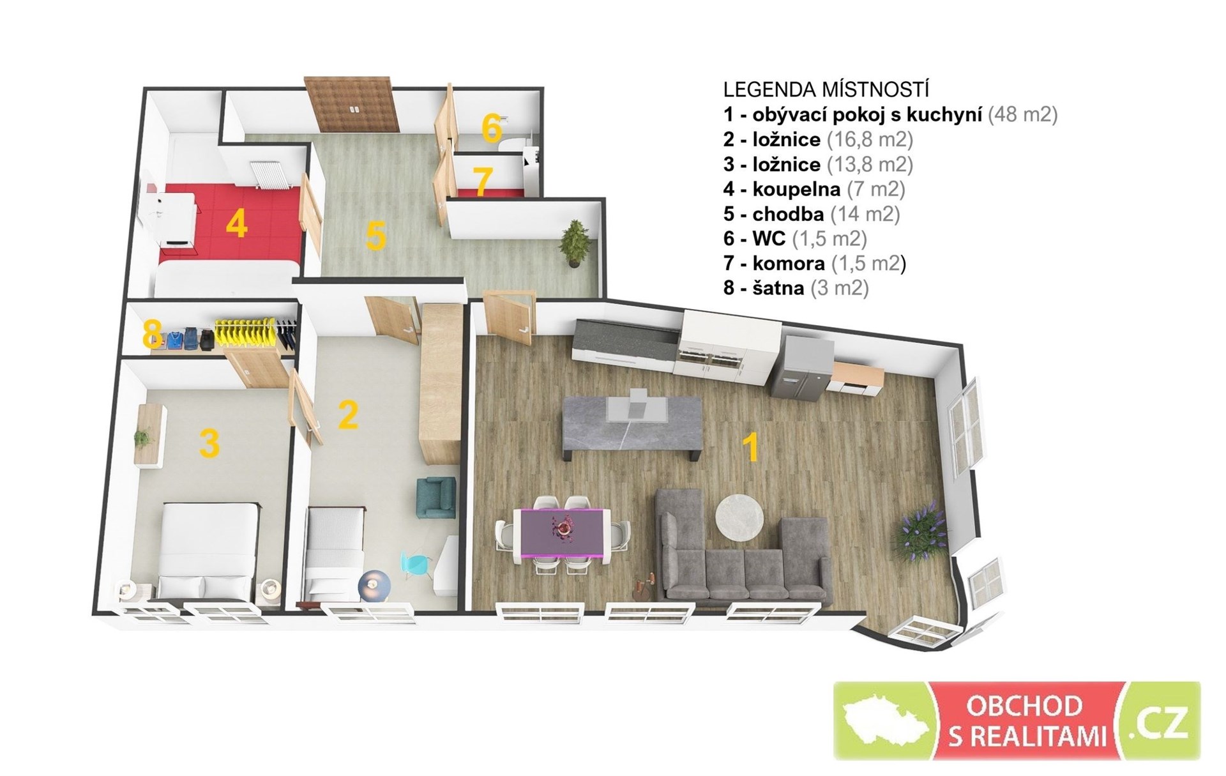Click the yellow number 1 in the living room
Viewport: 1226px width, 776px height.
click(752, 446)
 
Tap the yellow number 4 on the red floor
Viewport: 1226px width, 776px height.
click(236, 224)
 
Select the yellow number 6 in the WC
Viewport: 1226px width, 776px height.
click(491, 129)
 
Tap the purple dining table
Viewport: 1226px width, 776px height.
click(562, 531)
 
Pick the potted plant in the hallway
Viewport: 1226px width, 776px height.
click(573, 243)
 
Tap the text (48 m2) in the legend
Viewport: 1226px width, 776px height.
click(1022, 114)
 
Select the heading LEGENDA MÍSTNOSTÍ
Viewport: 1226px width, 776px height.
click(826, 89)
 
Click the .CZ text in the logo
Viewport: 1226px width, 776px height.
click(1160, 720)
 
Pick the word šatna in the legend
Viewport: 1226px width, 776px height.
click(778, 288)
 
